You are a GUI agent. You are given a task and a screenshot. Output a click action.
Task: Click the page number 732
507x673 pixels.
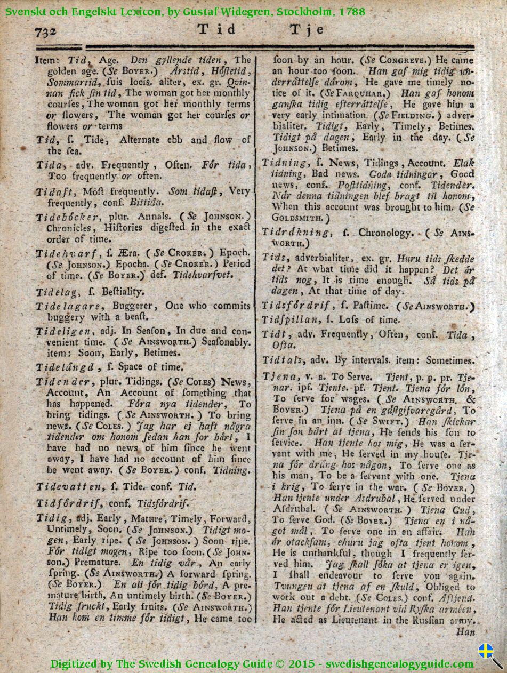point(45,32)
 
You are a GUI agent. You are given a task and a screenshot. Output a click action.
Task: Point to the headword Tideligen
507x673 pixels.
point(65,331)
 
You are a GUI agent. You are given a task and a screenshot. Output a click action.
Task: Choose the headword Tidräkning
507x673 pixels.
point(292,233)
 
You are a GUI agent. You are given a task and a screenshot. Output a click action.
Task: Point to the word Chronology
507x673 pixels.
point(385,233)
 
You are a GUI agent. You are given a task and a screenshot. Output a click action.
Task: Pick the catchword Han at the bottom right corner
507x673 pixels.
point(465,632)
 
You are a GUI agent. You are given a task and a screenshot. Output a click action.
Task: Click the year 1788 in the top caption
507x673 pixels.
point(351,11)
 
